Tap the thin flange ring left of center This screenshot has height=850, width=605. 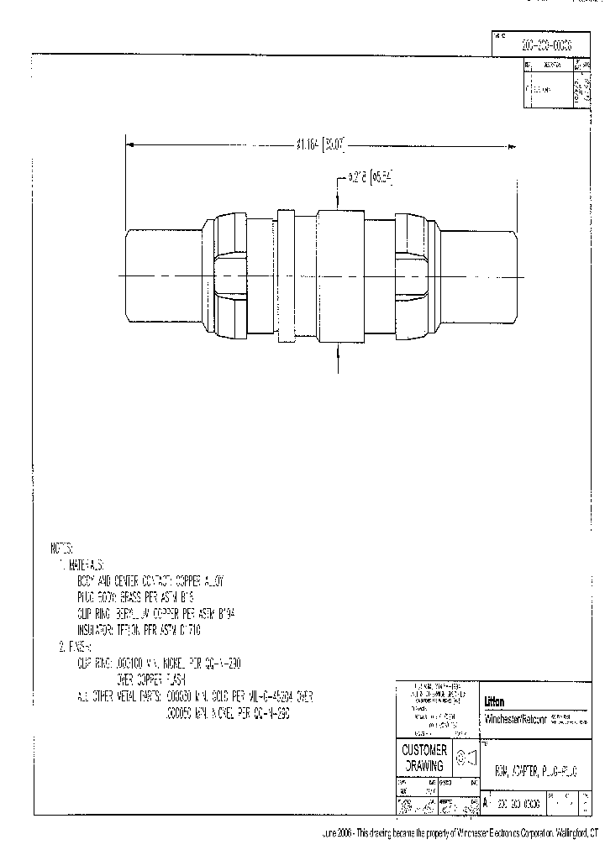(x=285, y=276)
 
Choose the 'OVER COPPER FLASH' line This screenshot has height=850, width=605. (x=150, y=678)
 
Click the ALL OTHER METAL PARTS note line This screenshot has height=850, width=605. (x=193, y=695)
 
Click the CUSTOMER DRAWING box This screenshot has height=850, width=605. (x=423, y=757)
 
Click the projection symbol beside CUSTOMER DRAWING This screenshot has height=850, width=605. (x=466, y=757)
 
